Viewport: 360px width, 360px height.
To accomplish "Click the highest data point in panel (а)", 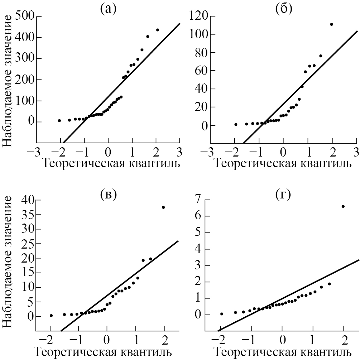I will (158, 30).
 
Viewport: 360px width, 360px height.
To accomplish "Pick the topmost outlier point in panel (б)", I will (331, 24).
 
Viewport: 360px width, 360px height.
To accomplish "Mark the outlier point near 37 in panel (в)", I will (163, 207).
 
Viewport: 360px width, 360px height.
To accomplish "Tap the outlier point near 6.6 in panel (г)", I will (343, 206).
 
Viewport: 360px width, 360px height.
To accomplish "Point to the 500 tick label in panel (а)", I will (25, 16).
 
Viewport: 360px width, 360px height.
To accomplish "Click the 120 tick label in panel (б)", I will (199, 16).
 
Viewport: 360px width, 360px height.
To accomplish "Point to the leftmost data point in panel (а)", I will (59, 121).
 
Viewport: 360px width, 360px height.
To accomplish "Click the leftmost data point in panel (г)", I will (222, 314).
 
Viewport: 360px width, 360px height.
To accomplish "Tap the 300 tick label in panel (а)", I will (25, 58).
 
